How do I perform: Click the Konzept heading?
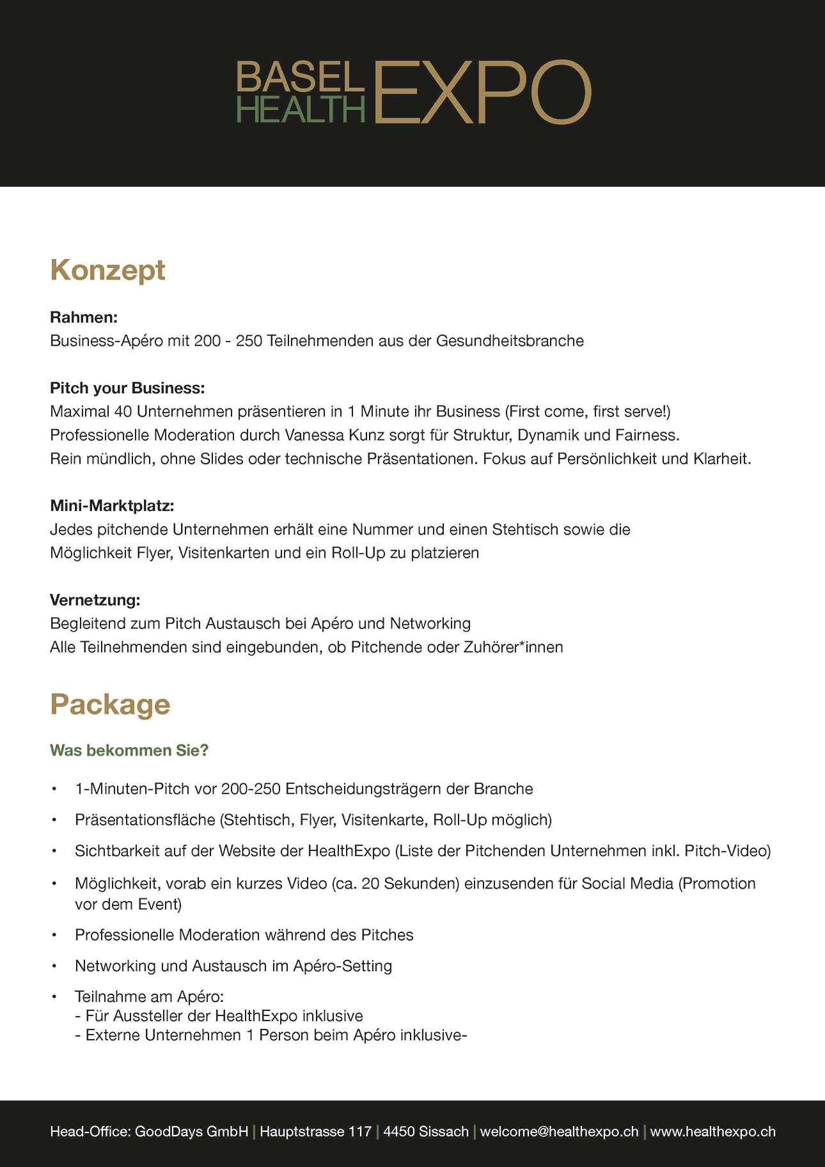(x=107, y=270)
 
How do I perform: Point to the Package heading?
(x=110, y=704)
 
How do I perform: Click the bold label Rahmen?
(x=84, y=317)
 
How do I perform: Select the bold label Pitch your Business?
(x=127, y=388)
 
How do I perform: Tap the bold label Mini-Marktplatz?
(x=112, y=506)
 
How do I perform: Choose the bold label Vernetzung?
(x=95, y=600)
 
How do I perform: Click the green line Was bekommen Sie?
(x=129, y=750)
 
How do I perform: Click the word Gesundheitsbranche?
(x=510, y=341)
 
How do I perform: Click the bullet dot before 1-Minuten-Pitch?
(x=55, y=789)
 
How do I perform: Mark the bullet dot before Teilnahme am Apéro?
(x=55, y=997)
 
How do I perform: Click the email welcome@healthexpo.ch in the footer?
(x=559, y=1131)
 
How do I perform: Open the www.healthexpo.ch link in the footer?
(x=712, y=1131)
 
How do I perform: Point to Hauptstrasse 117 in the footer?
(x=315, y=1131)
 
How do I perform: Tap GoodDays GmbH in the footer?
(x=191, y=1131)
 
